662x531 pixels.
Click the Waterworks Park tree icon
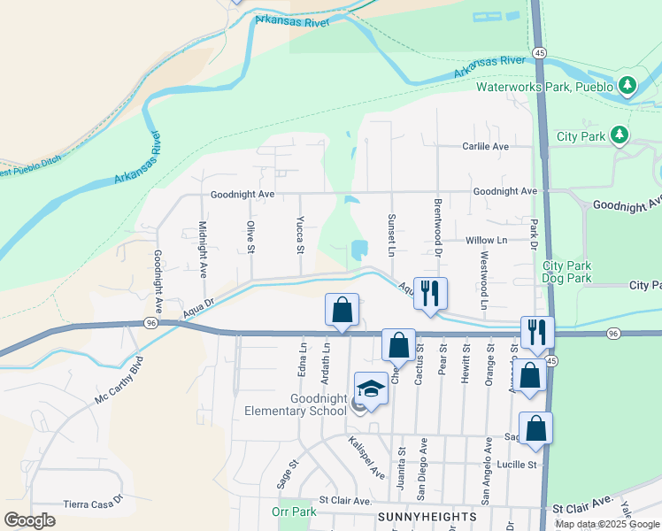click(627, 86)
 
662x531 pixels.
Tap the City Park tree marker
click(620, 135)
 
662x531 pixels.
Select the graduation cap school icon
click(371, 389)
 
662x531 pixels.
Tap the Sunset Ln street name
click(390, 233)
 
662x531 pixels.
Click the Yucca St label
click(301, 234)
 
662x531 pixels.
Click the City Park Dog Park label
click(566, 272)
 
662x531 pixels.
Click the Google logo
click(29, 519)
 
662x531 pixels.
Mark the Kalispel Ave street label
click(366, 457)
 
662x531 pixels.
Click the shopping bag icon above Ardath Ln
click(343, 310)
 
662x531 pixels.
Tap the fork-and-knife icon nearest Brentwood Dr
click(430, 293)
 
